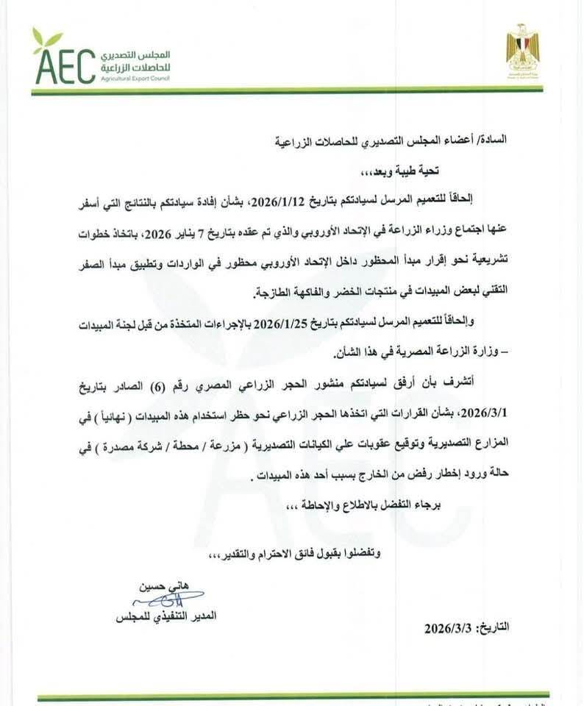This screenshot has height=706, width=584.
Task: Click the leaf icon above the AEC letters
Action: coord(46,37)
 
